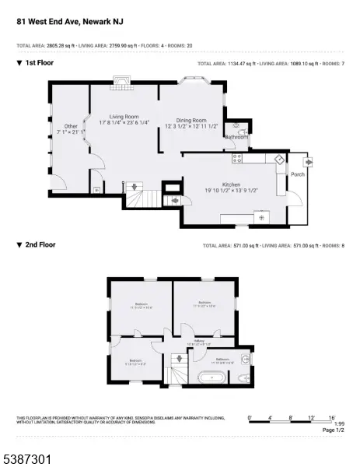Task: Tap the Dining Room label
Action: pyautogui.click(x=190, y=121)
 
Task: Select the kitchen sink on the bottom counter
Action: pyautogui.click(x=260, y=217)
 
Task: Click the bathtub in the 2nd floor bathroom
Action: pyautogui.click(x=211, y=377)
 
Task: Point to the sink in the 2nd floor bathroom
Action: pyautogui.click(x=246, y=359)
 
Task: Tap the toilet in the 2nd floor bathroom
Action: pyautogui.click(x=244, y=377)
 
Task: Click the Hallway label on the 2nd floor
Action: pyautogui.click(x=199, y=342)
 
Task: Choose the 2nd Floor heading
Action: pyautogui.click(x=39, y=244)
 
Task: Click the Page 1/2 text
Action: pyautogui.click(x=333, y=430)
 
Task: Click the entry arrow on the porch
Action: pyautogui.click(x=309, y=162)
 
